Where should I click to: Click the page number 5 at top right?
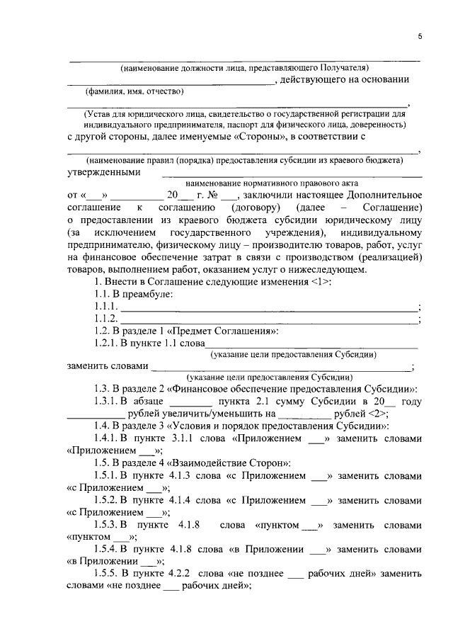pos(419,36)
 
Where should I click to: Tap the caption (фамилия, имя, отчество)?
pos(134,91)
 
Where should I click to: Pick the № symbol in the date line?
pos(209,195)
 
